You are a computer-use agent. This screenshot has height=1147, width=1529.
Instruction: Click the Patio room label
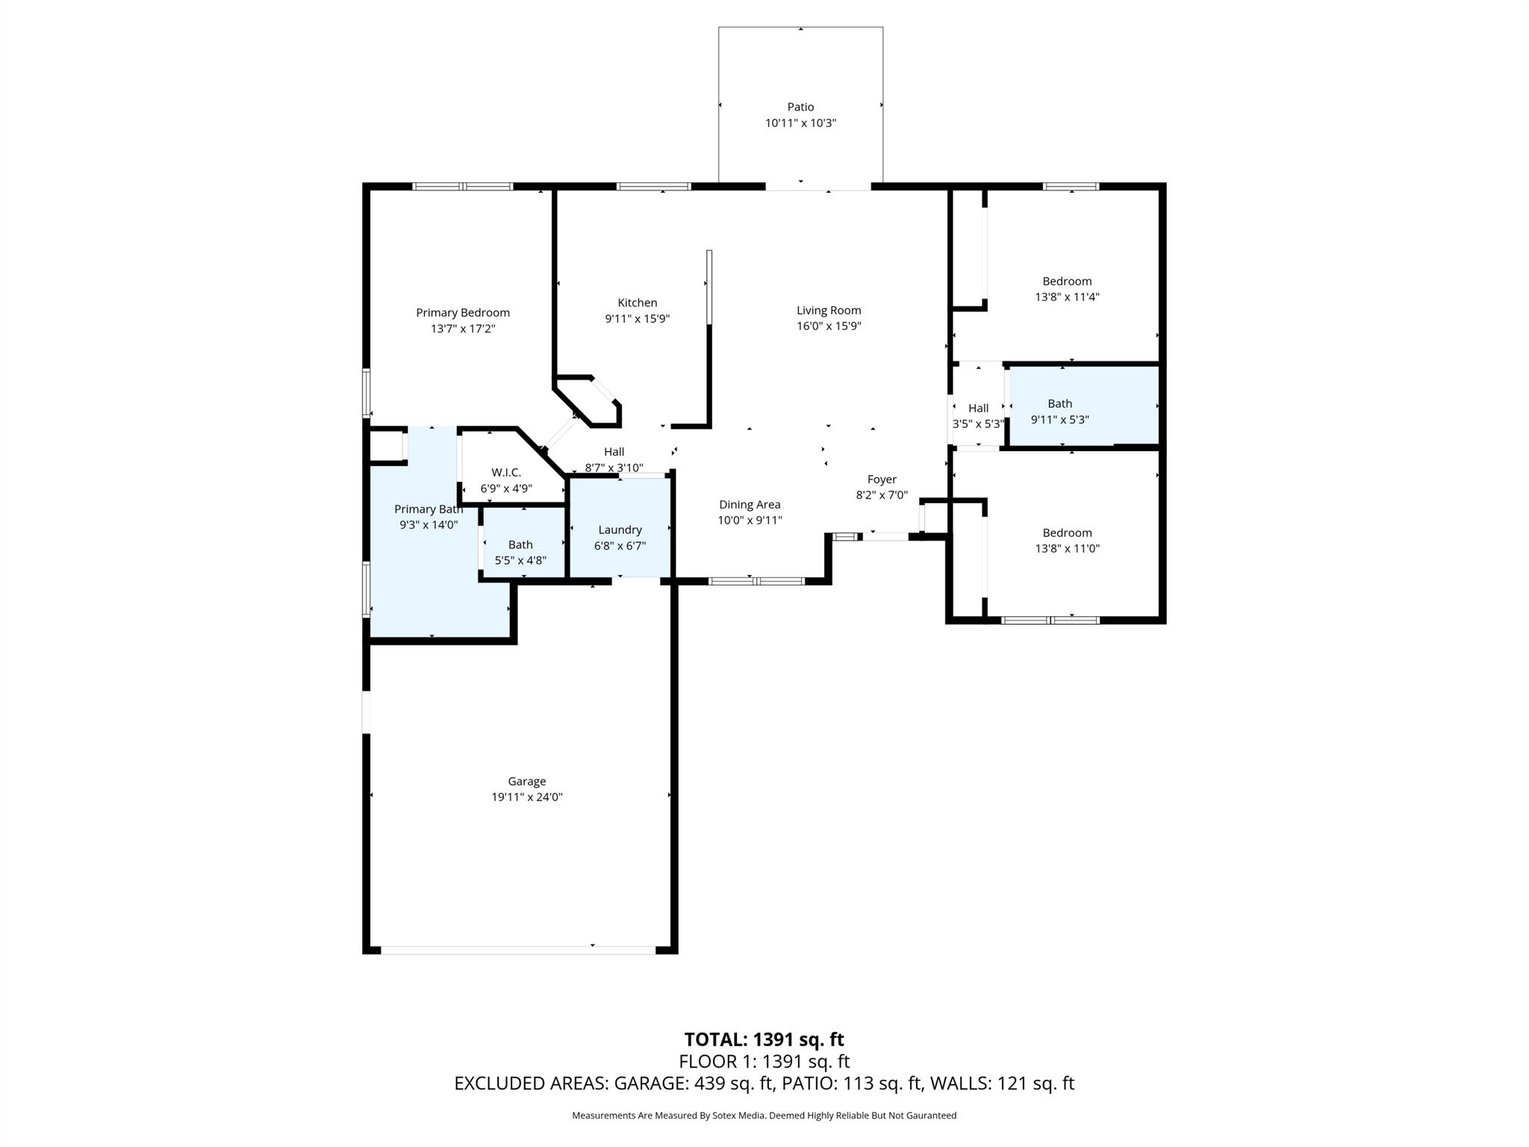(800, 107)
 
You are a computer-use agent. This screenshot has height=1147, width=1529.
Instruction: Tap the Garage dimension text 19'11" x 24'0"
(526, 797)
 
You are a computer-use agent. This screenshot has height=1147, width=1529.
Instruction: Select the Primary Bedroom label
(463, 312)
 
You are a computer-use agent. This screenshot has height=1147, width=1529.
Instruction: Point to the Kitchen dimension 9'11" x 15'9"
(637, 319)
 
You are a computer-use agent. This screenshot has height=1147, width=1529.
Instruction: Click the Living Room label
(829, 310)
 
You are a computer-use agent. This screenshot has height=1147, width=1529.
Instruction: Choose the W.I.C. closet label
(506, 472)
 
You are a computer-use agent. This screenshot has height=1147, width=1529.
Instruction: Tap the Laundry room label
(620, 529)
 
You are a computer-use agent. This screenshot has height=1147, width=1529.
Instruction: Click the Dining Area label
(750, 504)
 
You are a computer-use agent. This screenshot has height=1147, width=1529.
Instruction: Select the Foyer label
(882, 479)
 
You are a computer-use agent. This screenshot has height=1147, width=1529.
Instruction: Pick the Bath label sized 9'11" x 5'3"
(1059, 403)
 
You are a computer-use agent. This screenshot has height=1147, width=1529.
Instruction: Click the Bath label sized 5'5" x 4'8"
(520, 544)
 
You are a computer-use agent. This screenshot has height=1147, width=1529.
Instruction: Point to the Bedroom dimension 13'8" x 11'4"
(1067, 296)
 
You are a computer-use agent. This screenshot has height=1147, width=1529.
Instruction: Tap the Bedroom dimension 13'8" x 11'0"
(1067, 548)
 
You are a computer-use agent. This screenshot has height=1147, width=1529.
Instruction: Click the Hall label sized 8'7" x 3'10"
(614, 451)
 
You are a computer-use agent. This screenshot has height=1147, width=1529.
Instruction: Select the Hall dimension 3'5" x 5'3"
(978, 423)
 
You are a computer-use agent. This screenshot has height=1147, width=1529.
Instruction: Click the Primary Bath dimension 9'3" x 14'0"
(429, 525)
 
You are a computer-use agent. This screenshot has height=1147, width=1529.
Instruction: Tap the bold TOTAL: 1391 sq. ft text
(764, 1039)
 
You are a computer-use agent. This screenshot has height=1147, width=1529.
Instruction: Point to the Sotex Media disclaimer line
(764, 1115)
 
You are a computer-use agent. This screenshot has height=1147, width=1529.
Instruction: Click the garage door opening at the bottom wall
(518, 950)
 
